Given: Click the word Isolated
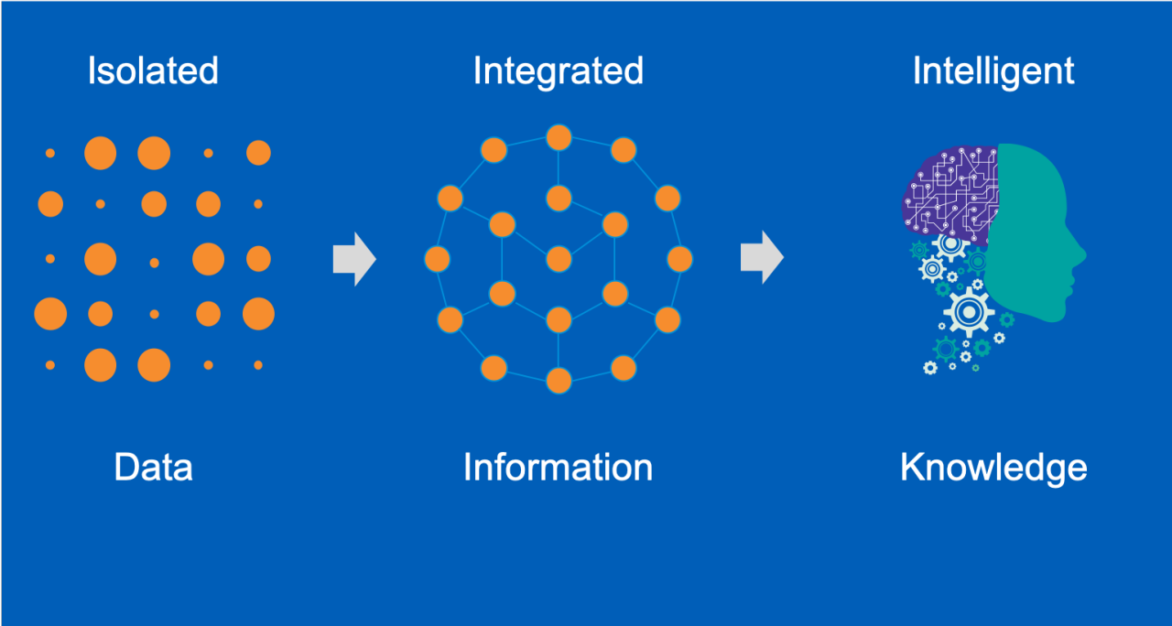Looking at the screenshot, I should tap(153, 71).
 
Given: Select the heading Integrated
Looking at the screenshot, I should tap(558, 71).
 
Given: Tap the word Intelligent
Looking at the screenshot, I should tap(993, 71).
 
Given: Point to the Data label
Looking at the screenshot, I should tap(153, 467).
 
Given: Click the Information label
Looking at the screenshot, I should tap(558, 467).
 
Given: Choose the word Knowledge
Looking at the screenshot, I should tap(993, 467).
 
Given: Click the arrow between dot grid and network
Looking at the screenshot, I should tap(353, 259).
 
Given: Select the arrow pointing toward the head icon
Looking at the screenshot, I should tap(761, 258).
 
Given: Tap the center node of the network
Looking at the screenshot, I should tap(559, 259).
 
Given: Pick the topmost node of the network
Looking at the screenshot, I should tap(559, 138).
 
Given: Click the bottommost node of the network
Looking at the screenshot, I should tap(559, 380).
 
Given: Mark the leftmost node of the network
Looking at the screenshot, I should tap(438, 259).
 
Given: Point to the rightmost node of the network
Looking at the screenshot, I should tap(679, 259).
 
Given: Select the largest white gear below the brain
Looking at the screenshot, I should tap(968, 311).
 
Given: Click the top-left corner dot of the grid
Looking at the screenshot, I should tap(50, 153).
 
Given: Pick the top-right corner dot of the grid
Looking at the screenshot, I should tap(258, 153).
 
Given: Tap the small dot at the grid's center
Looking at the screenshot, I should tap(154, 263).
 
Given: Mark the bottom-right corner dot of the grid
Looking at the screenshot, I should tap(258, 365).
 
